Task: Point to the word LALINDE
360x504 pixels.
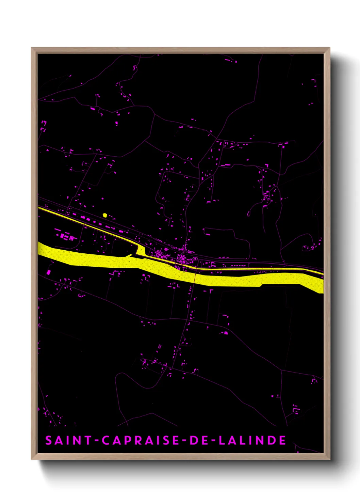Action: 252,440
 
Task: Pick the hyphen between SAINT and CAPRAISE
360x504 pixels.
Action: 97,441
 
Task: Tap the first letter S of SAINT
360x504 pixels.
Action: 49,440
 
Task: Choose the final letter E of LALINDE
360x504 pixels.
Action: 282,440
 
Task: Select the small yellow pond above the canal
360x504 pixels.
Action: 105,215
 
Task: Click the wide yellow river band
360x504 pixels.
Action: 102,261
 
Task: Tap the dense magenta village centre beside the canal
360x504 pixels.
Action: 184,257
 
